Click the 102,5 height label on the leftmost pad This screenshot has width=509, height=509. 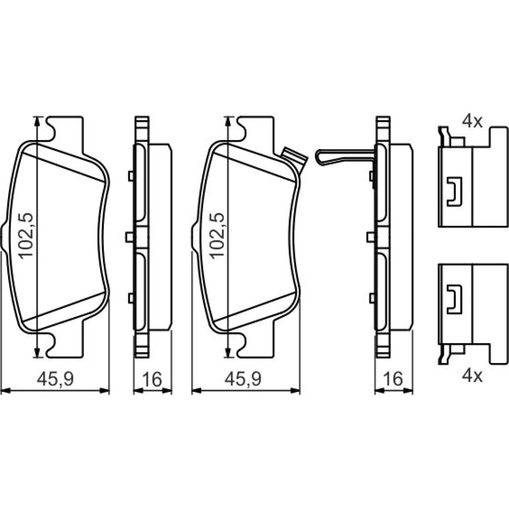pos(25,235)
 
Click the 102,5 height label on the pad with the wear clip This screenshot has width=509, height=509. pos(217,235)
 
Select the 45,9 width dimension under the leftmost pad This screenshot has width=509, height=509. pos(55,379)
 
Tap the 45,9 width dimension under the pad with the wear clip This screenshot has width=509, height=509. pos(243,379)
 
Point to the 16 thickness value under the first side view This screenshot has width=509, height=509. pos(152,379)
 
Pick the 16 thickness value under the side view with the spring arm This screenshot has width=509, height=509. pos(393,379)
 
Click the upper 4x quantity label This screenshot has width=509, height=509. pos(472,122)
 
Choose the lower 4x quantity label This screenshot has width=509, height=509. pos(472,376)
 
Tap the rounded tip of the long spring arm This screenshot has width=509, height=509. pos(320,157)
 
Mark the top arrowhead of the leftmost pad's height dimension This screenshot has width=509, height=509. pos(37,122)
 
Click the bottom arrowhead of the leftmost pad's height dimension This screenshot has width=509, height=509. pos(37,352)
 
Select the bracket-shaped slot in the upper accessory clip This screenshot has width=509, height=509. pos(454,191)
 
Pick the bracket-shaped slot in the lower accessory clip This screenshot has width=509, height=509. pos(454,300)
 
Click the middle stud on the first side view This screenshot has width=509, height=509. pos(130,237)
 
